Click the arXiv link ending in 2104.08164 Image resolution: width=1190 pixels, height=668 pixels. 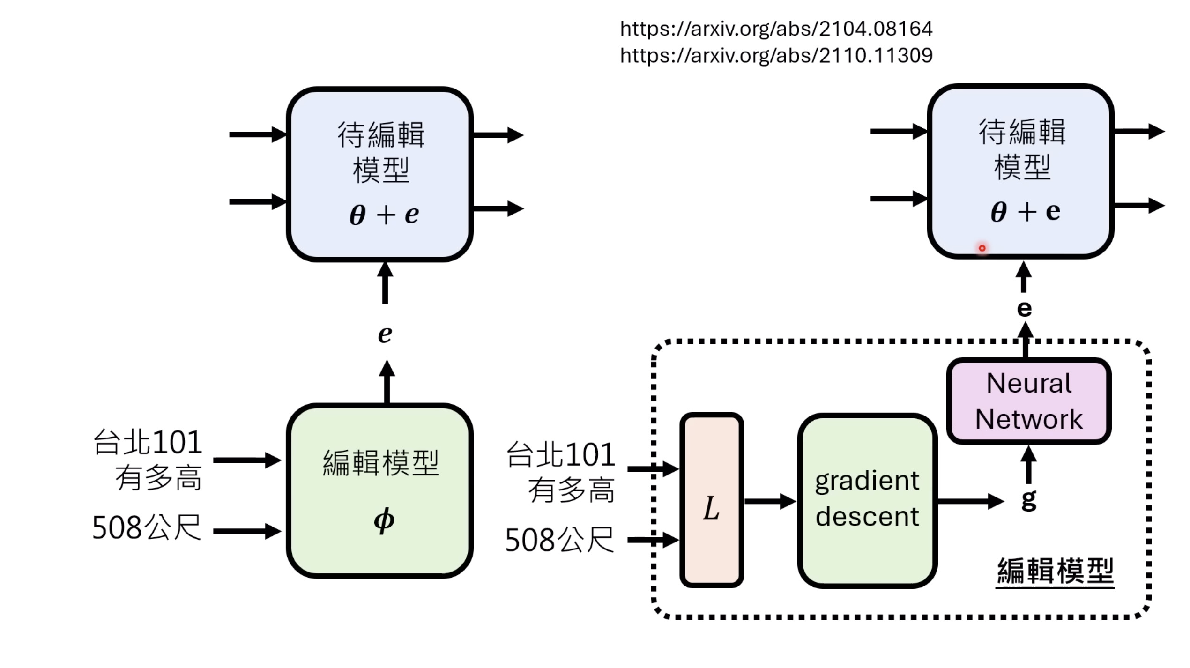pos(776,29)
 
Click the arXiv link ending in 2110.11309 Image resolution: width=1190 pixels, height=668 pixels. pos(776,56)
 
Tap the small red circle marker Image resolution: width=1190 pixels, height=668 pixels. pos(982,248)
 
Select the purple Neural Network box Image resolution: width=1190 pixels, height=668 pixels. pos(1028,401)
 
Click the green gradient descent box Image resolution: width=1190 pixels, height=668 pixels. pos(867,500)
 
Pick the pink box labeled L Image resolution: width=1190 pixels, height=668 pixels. pos(711,500)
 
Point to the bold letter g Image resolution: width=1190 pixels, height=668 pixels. pos(1028,500)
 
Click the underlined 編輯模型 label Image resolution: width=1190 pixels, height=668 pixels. pos(1055,571)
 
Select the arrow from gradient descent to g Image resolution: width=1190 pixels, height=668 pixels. pos(970,501)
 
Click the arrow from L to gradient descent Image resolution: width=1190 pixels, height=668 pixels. pos(770,501)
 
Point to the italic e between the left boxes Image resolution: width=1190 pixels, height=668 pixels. pos(385,334)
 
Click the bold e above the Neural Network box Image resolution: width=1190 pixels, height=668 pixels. pos(1024,309)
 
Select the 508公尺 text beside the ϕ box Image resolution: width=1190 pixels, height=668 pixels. pos(147,527)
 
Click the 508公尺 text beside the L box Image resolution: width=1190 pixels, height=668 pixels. pos(559,540)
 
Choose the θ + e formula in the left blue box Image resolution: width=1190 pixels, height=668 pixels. pos(384,215)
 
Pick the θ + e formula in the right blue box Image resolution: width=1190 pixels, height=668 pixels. pos(1025,212)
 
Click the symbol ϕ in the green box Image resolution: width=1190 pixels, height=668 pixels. pos(384,520)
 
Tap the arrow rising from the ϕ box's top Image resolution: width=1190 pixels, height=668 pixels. pos(387,381)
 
